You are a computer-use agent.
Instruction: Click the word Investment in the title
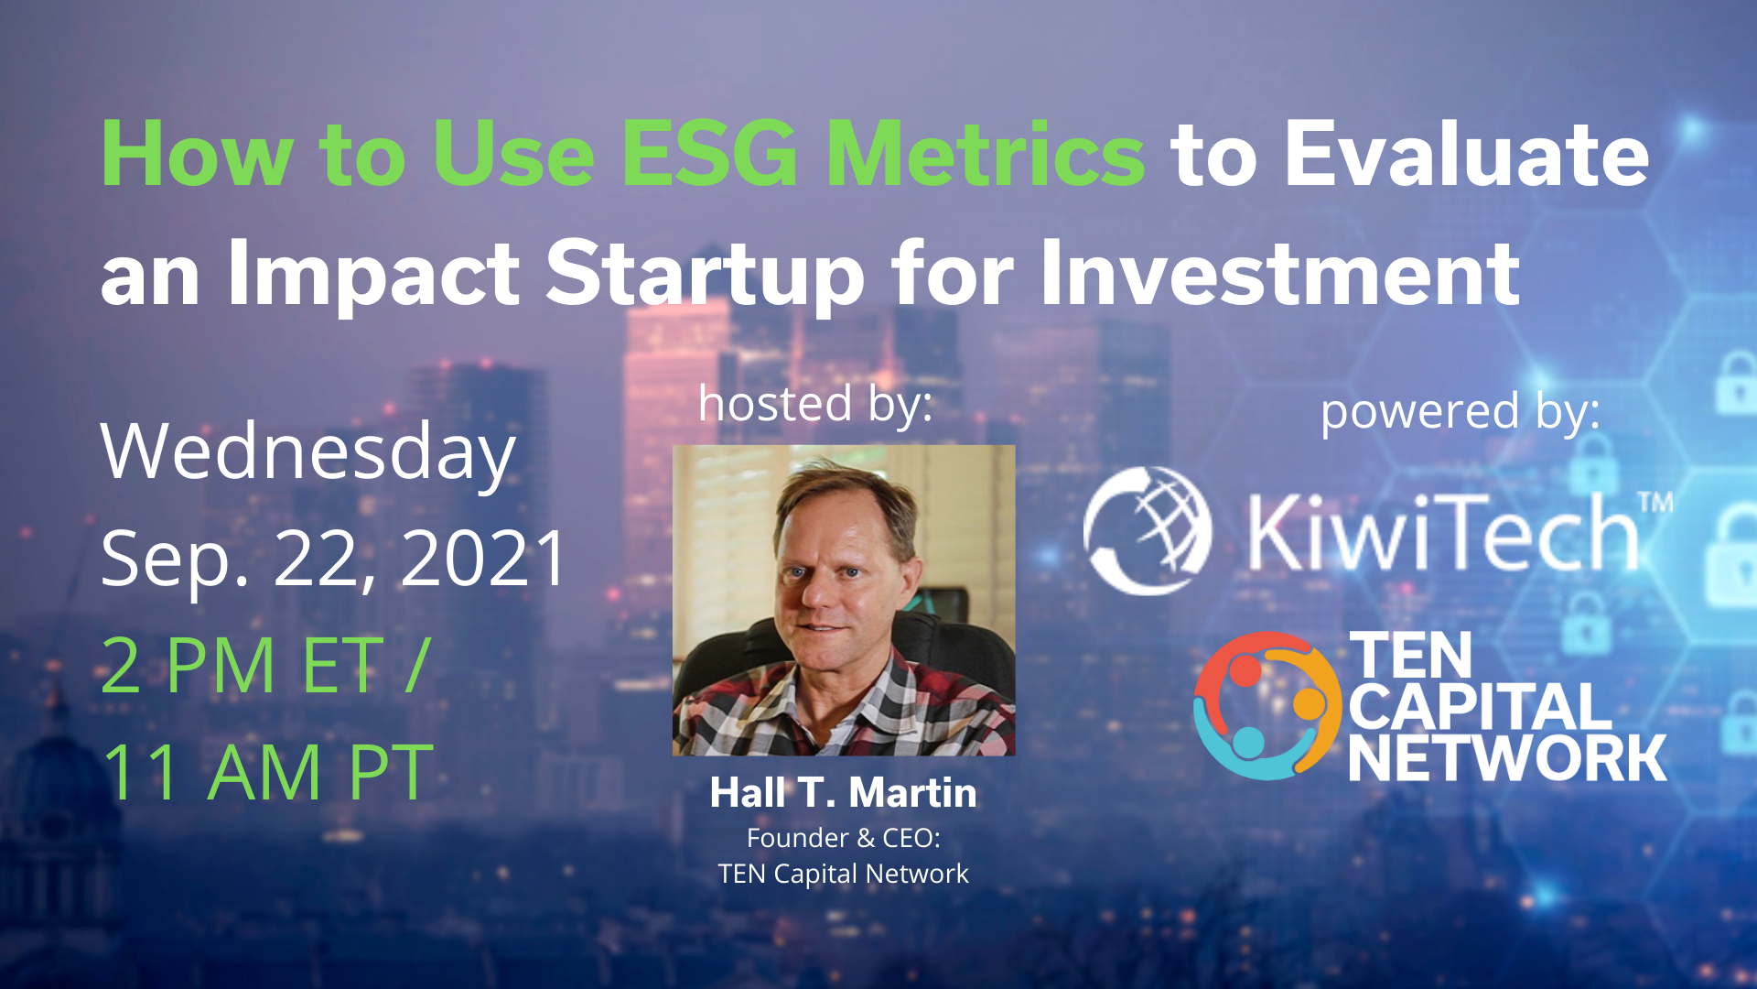[x=1280, y=273]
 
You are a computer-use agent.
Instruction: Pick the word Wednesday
[x=308, y=453]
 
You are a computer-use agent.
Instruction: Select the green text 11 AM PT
[x=266, y=772]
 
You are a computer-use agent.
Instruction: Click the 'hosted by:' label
[x=815, y=404]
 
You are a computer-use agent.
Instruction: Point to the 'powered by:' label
[x=1461, y=412]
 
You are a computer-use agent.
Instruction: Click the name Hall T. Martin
[x=844, y=793]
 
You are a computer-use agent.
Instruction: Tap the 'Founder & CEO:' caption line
[x=844, y=838]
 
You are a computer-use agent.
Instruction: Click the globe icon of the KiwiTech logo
[x=1148, y=531]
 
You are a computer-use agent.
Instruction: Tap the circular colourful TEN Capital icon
[x=1268, y=706]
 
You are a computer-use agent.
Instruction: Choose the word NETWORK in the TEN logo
[x=1507, y=758]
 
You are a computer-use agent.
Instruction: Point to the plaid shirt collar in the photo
[x=824, y=701]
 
